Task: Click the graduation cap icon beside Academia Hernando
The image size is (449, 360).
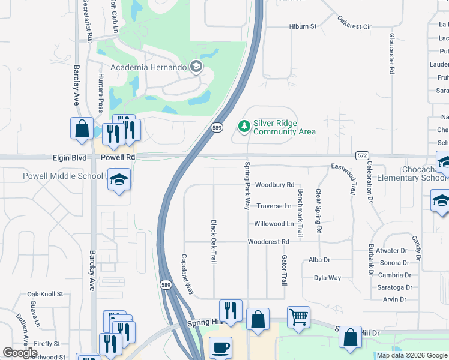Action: [196, 67]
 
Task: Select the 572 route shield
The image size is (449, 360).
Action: [361, 155]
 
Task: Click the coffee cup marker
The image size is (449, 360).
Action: [220, 347]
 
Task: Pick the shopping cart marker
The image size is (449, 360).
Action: [298, 316]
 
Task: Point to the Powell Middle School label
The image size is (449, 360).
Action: [63, 176]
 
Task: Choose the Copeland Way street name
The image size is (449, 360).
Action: [188, 274]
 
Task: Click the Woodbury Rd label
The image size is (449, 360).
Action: [274, 185]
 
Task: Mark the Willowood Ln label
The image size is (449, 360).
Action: [274, 224]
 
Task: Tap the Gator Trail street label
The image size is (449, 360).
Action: [284, 269]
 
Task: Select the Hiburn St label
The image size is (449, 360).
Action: [302, 26]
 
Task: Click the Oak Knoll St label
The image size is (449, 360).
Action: [45, 294]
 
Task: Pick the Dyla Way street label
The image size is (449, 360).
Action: [327, 278]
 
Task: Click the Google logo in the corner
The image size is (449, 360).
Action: [20, 353]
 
